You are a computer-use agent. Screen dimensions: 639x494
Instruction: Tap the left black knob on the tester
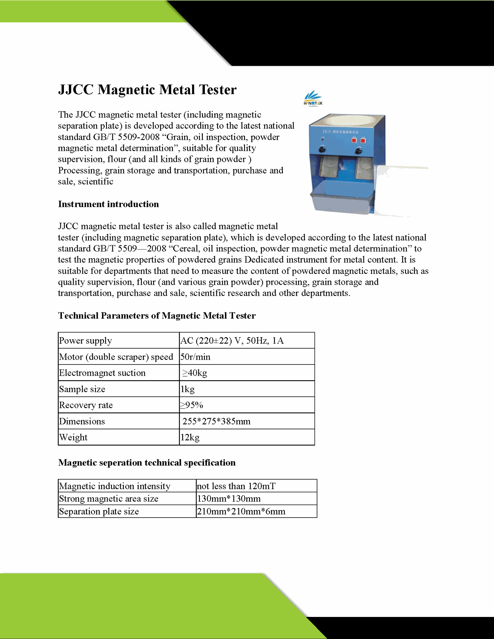click(322, 150)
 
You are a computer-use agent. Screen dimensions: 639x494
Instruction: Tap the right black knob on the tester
click(358, 151)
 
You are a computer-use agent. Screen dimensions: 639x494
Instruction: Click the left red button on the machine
click(354, 141)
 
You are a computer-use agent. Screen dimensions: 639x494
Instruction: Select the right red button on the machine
click(363, 141)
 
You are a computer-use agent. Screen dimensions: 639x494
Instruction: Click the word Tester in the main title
click(218, 90)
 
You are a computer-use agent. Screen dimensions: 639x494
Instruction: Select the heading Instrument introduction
click(108, 204)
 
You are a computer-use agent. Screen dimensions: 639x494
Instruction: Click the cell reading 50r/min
click(195, 357)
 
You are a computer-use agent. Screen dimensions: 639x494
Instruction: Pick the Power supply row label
click(86, 341)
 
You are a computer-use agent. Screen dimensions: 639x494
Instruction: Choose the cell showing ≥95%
click(191, 405)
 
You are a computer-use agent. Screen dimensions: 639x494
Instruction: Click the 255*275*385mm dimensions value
click(216, 421)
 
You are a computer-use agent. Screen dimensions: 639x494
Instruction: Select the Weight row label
click(73, 438)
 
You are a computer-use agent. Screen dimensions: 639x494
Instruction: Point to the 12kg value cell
click(190, 438)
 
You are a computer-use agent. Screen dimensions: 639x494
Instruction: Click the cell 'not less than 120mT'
click(236, 486)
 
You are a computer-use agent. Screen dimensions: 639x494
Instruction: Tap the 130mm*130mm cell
click(229, 499)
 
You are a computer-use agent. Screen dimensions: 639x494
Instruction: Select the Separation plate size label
click(99, 512)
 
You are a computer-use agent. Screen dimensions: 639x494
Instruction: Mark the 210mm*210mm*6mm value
click(241, 512)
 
